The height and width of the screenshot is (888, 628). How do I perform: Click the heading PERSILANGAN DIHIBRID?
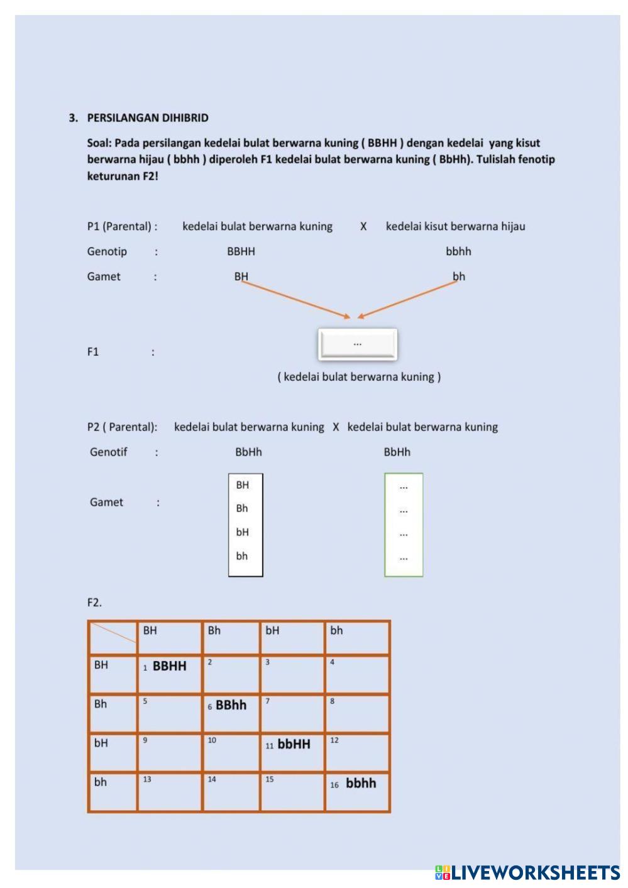[x=148, y=118]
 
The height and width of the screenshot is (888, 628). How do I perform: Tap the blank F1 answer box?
[x=357, y=344]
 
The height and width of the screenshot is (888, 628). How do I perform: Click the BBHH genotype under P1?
[x=241, y=251]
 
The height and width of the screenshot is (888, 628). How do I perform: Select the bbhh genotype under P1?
[x=458, y=251]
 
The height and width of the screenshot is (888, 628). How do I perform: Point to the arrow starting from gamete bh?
[x=409, y=299]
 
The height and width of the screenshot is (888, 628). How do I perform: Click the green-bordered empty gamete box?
[x=404, y=525]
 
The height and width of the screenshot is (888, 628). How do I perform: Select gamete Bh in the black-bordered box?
[x=242, y=508]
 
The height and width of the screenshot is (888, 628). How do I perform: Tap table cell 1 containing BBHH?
[x=169, y=674]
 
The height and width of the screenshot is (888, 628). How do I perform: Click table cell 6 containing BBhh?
[x=231, y=713]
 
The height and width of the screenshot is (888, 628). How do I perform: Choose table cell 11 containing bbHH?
[x=292, y=752]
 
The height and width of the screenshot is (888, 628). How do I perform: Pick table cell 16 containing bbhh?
[x=357, y=791]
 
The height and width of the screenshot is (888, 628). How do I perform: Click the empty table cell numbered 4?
[x=357, y=674]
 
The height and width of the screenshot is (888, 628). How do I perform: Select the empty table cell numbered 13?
[x=169, y=791]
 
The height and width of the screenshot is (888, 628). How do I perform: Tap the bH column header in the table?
[x=292, y=637]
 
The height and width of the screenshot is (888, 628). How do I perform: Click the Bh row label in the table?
[x=113, y=713]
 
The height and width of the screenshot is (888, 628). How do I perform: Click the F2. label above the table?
[x=94, y=603]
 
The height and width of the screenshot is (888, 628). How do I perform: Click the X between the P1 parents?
[x=363, y=226]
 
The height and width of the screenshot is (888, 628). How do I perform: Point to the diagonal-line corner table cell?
[x=113, y=637]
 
